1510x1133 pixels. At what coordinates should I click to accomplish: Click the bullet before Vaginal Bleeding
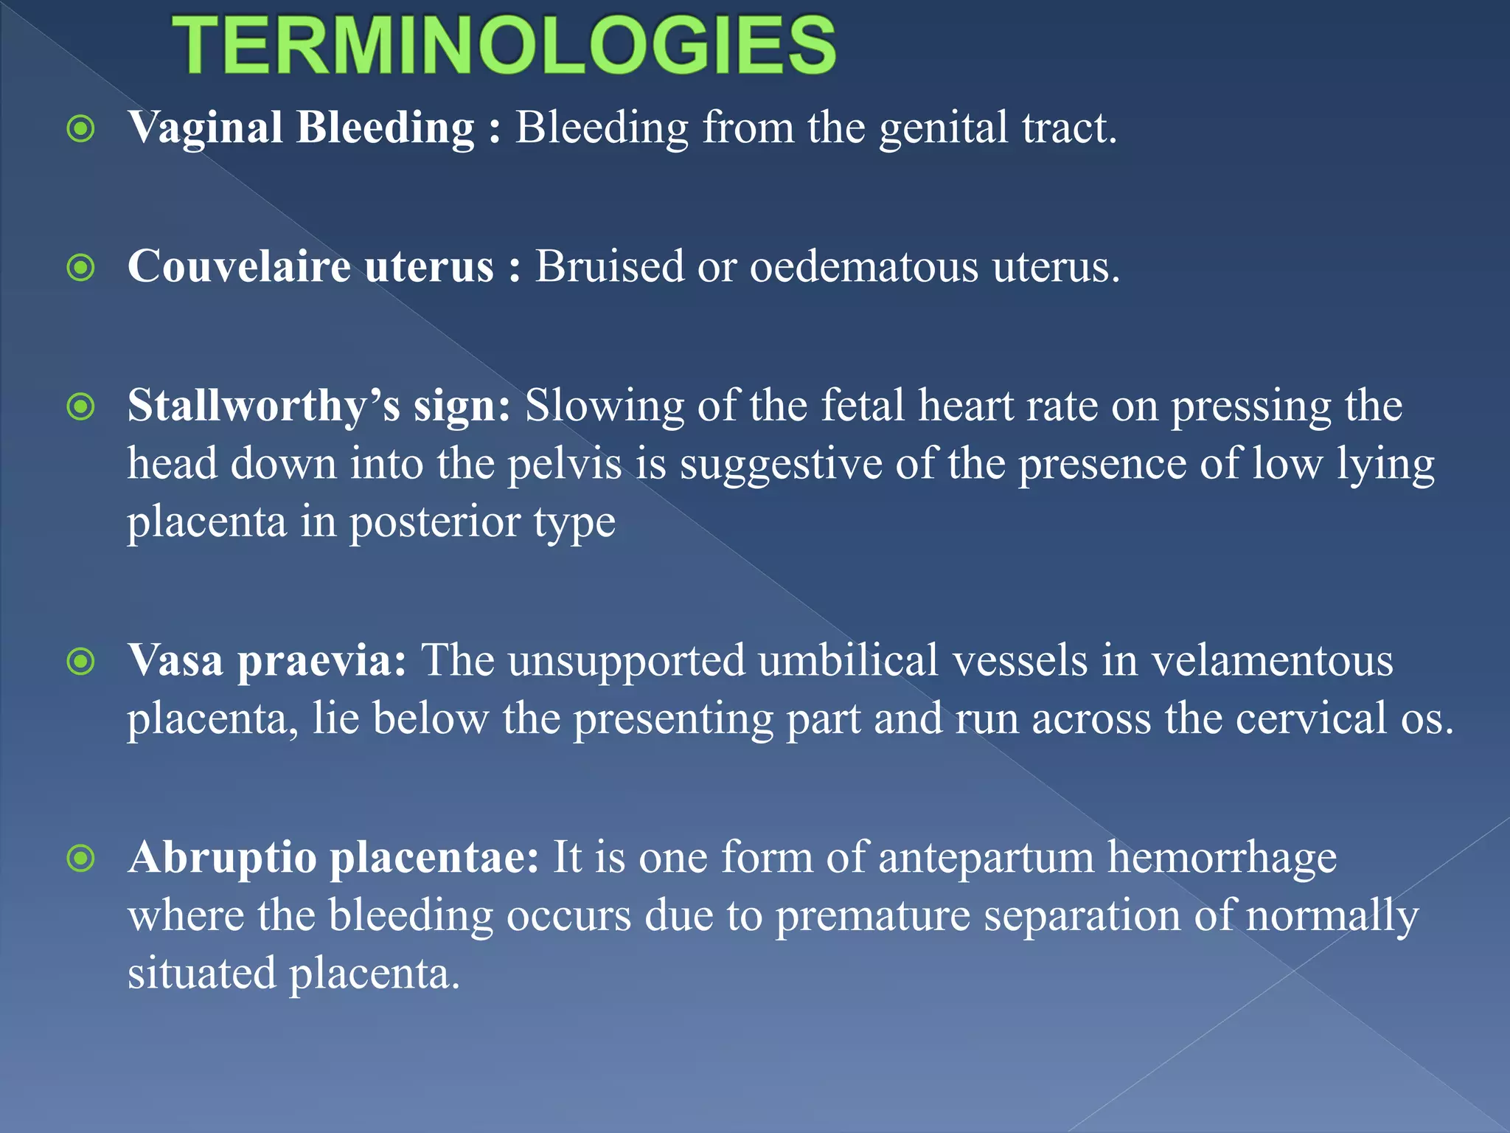(80, 129)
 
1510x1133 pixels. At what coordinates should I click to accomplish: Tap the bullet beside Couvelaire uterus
(80, 268)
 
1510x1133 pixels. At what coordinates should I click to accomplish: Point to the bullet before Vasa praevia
(80, 662)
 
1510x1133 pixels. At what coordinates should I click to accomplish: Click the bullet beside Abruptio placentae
(80, 859)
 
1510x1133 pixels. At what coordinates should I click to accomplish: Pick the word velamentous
(1273, 660)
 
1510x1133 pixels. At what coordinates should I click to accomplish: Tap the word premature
(873, 916)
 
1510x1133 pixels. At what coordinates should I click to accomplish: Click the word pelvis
(565, 465)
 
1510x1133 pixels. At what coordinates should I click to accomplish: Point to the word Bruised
(609, 266)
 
